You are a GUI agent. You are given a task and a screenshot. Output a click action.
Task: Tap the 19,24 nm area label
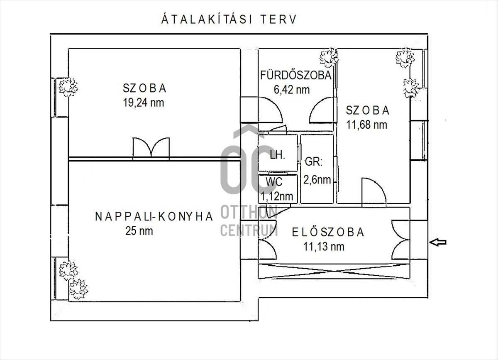pos(144,103)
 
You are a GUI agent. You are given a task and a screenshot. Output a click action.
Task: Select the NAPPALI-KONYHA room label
pos(154,216)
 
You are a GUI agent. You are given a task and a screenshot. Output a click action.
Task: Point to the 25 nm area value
pos(139,231)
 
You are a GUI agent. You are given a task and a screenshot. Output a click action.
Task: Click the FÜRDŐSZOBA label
pos(296,75)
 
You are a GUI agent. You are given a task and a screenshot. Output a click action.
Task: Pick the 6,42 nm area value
pos(292,90)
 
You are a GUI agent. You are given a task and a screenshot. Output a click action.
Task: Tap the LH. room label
pos(278,154)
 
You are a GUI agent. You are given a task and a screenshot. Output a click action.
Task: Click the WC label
pos(274,182)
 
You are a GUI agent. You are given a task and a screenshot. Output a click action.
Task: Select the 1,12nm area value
pos(276,196)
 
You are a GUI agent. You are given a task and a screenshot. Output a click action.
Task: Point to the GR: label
pos(313,162)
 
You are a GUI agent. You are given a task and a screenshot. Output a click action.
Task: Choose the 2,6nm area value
pos(317,179)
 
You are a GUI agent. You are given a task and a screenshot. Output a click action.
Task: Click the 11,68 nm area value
pos(366,125)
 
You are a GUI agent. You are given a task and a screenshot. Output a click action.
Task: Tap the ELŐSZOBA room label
pos(328,232)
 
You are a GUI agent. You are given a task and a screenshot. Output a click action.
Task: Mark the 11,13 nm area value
pos(324,247)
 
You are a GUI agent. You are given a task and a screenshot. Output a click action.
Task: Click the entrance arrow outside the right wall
pos(438,242)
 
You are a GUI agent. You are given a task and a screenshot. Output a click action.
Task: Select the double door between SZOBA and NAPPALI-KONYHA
pos(151,148)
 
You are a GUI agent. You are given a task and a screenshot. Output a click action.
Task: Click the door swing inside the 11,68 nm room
pos(374,193)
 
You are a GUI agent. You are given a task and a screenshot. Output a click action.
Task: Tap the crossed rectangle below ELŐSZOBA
pos(334,271)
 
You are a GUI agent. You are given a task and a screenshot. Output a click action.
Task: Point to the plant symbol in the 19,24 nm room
pos(68,87)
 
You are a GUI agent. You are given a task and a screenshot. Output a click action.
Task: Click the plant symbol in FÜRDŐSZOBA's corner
pos(329,57)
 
